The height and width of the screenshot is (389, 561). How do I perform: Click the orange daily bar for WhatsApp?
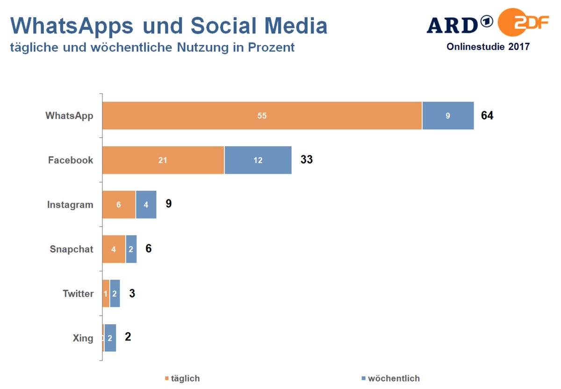point(262,115)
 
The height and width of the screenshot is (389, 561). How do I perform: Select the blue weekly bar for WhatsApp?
point(448,115)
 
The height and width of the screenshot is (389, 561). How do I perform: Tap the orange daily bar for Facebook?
point(163,160)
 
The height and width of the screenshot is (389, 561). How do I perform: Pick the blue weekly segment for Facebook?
point(258,160)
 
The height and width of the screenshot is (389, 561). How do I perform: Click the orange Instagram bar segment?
point(119,205)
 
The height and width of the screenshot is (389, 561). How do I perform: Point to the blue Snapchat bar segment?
point(131,249)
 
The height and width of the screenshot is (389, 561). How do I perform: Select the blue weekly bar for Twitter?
point(115,294)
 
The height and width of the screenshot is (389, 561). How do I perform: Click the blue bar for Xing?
point(110,338)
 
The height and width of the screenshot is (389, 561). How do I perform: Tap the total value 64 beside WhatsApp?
point(487,115)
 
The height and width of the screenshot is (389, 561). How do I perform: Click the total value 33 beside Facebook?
point(306,160)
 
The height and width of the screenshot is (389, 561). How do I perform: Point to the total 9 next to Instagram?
point(169,204)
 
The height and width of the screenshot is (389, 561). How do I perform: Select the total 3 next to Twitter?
point(132,293)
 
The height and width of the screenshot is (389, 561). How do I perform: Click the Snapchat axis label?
point(72,249)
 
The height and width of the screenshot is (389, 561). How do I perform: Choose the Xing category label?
point(83,338)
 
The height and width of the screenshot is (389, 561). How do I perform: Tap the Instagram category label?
point(70,205)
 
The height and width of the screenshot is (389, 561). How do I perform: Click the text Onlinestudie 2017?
point(488,47)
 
